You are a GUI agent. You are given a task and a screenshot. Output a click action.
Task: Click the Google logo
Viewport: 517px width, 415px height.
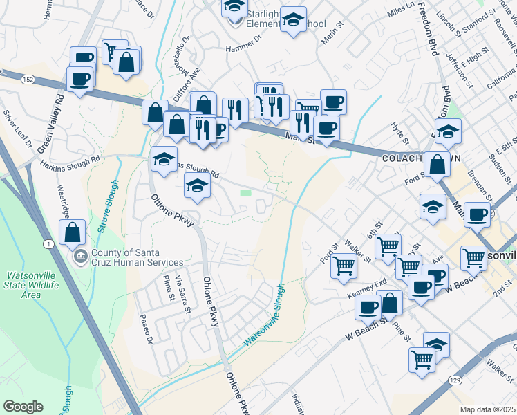23,407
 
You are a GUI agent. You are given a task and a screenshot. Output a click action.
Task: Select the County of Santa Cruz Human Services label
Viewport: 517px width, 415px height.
138,258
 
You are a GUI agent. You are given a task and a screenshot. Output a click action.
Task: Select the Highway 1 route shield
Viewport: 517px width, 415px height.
48,244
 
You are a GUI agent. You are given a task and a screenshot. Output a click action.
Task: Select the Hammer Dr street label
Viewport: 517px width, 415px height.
245,48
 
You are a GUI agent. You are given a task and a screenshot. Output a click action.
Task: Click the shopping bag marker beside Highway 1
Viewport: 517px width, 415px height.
73,234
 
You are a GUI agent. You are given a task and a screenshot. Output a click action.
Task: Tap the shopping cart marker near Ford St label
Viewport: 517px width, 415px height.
344,266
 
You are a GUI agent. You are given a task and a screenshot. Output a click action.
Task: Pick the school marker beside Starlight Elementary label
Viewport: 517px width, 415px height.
294,20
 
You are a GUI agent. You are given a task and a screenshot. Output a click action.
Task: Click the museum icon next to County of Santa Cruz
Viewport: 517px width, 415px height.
82,257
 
